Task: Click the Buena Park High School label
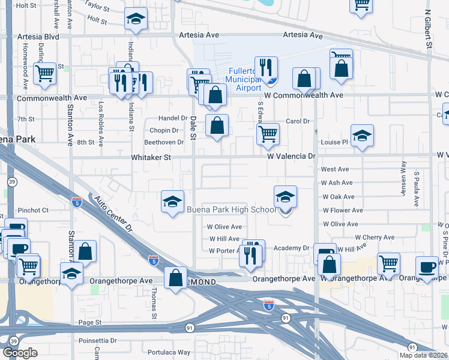(x=231, y=209)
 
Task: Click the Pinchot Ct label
(x=33, y=211)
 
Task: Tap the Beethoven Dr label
(x=164, y=142)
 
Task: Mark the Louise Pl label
(x=334, y=142)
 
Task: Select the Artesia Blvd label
(x=38, y=36)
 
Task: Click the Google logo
(x=20, y=353)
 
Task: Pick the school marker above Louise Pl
(x=363, y=136)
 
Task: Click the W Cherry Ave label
(x=373, y=238)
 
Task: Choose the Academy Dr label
(x=291, y=248)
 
